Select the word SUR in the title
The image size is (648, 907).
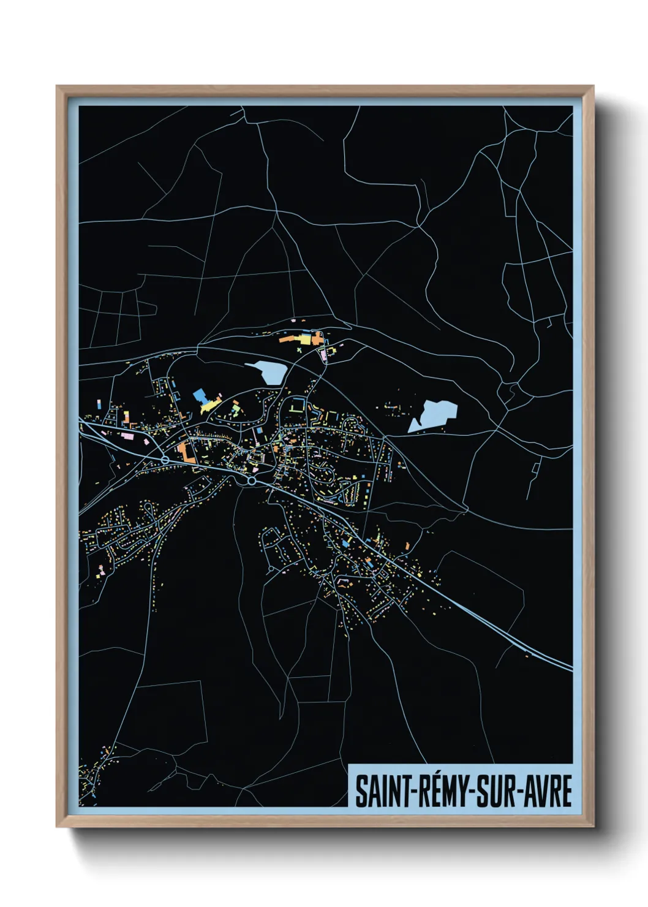(494, 791)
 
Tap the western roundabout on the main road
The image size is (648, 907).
(165, 460)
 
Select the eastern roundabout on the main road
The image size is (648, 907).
(251, 481)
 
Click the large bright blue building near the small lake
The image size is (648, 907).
(200, 395)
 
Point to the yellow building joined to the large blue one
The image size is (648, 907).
(209, 406)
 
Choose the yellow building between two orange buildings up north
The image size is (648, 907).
(304, 338)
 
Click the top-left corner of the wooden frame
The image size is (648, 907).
(57, 86)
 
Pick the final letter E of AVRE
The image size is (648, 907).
(566, 791)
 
